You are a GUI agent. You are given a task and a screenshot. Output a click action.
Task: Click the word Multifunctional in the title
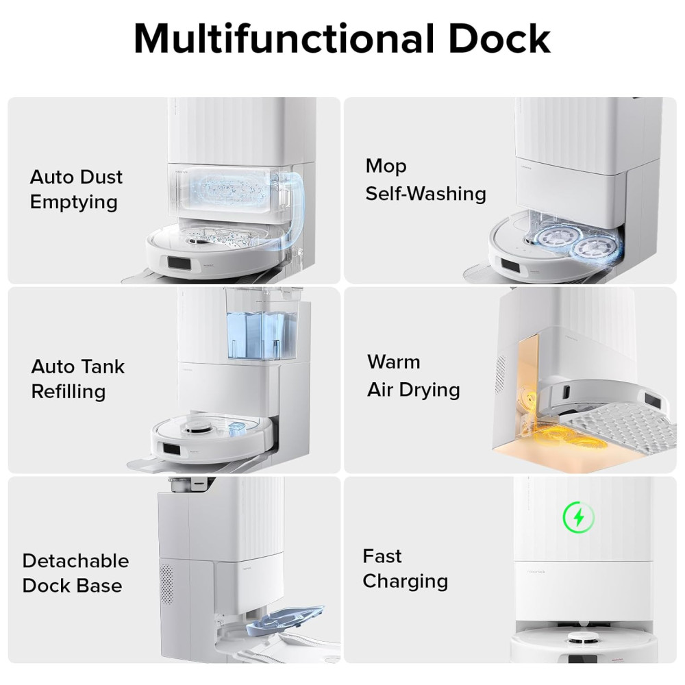click(x=284, y=38)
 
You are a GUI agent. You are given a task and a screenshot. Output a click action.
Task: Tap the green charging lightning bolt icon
click(x=579, y=517)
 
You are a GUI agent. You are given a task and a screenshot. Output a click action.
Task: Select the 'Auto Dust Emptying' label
click(x=77, y=190)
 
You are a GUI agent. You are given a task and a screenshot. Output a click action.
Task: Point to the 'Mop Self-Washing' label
click(x=425, y=180)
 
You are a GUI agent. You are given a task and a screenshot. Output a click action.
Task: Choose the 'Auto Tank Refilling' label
click(x=78, y=379)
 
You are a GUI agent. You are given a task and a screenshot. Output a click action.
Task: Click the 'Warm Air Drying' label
click(x=413, y=375)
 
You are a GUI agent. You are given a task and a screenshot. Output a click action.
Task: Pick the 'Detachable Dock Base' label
click(x=75, y=573)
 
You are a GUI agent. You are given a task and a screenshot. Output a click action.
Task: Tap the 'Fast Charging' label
click(x=406, y=569)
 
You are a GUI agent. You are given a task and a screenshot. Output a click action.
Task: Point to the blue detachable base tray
click(x=285, y=620)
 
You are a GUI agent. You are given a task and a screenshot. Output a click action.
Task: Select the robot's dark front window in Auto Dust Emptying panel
click(x=178, y=264)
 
